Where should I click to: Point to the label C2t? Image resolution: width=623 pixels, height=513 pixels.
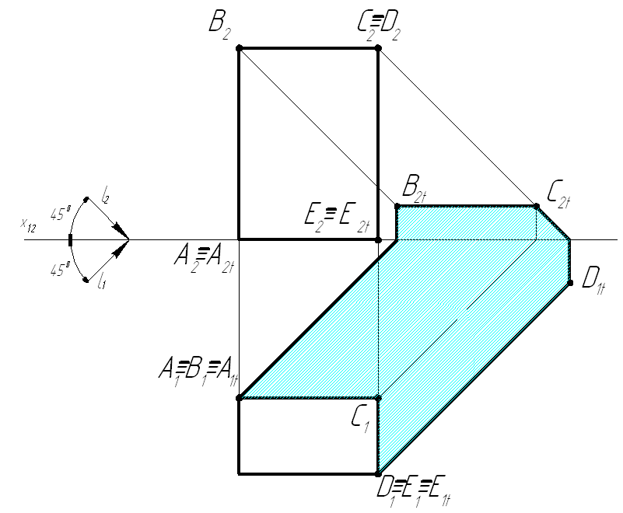point(558,190)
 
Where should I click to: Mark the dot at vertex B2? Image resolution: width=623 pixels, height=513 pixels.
point(239,48)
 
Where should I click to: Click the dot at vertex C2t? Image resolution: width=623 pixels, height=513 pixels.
point(536,206)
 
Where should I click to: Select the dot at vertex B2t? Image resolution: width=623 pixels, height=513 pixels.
point(397,206)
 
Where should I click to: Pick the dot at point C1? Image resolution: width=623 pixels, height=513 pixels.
point(378,398)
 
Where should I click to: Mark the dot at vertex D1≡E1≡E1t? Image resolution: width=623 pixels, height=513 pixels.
point(378,473)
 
